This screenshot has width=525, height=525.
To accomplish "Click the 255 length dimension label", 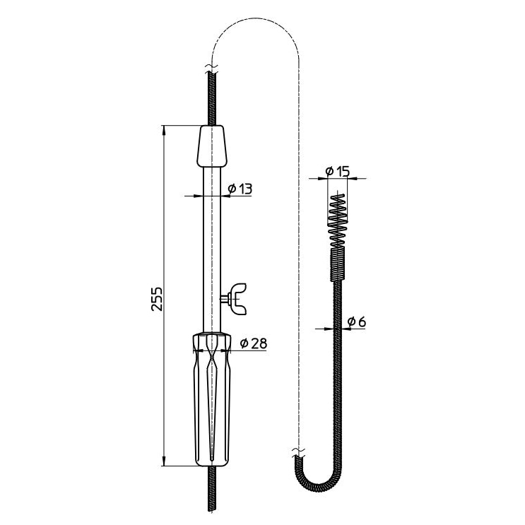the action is point(157,299).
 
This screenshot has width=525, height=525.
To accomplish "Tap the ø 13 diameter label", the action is point(240,189).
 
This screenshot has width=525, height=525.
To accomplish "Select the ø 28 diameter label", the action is point(254,343).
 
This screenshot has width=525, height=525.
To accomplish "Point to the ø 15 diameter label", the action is point(338,172).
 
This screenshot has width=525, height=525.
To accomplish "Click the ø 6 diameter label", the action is point(357,322).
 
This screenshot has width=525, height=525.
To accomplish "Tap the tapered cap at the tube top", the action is point(211,146).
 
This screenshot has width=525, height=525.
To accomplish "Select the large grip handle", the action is point(212,399).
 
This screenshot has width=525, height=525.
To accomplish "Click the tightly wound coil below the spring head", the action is point(338,264).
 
